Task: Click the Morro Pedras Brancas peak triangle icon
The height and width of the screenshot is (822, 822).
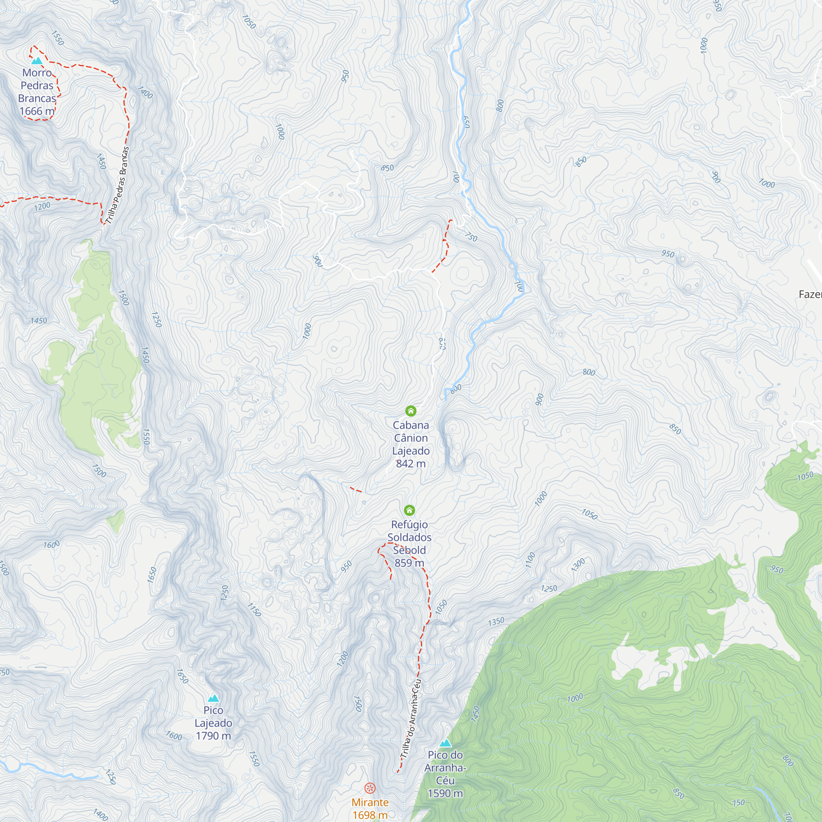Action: [x=37, y=61]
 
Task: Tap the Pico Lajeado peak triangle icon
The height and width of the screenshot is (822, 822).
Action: [x=213, y=698]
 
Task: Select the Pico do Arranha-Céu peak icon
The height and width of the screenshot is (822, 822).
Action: [x=445, y=743]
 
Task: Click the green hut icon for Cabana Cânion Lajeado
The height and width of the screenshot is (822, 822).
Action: [x=411, y=411]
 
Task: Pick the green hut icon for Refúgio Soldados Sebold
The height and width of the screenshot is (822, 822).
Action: [x=409, y=510]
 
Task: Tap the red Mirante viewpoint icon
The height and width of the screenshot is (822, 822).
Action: [x=370, y=788]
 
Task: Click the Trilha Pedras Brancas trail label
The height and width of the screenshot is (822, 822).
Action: [x=118, y=185]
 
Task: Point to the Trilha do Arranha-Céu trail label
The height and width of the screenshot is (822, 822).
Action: [x=411, y=718]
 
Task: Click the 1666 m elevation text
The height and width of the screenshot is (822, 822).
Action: [x=37, y=111]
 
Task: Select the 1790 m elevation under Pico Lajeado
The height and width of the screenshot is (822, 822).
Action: [x=213, y=736]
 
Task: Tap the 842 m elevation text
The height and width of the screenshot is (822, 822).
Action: [x=411, y=463]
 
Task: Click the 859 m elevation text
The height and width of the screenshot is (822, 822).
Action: [x=409, y=563]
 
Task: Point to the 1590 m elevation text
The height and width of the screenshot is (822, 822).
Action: [x=445, y=793]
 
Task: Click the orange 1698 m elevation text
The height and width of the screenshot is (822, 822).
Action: [x=370, y=815]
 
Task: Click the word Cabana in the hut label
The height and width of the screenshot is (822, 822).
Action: [x=411, y=425]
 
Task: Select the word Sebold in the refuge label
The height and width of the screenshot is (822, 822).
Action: [x=409, y=550]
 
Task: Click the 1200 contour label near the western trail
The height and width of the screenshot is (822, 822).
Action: [x=42, y=207]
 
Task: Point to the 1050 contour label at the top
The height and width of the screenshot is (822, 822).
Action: [x=249, y=22]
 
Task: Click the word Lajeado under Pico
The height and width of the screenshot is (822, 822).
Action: [x=213, y=723]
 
